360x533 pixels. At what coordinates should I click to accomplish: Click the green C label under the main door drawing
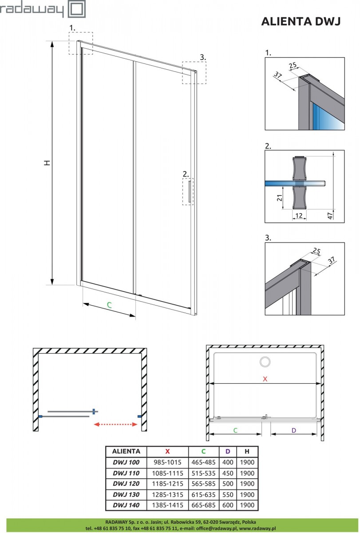(109, 305)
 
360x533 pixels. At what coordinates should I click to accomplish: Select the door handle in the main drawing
(190, 192)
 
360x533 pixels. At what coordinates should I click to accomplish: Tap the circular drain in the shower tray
(266, 362)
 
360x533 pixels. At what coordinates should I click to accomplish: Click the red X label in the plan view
(265, 379)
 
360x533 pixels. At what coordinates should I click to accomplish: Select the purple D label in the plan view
(294, 430)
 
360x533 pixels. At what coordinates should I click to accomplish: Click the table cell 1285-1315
(167, 494)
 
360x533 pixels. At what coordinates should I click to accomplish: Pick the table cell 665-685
(204, 505)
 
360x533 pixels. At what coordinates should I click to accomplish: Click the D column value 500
(228, 484)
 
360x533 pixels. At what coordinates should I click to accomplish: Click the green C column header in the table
(204, 451)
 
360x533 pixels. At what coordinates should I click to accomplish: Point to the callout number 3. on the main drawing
(202, 57)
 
